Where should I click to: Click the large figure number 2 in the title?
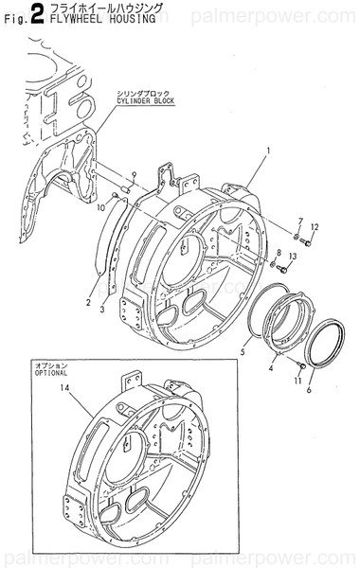tap(37, 12)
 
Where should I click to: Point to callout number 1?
tap(268, 151)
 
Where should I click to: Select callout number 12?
tap(315, 227)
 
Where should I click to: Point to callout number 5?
tap(243, 352)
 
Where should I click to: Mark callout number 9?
tap(135, 174)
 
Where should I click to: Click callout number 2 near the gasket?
tap(87, 303)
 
